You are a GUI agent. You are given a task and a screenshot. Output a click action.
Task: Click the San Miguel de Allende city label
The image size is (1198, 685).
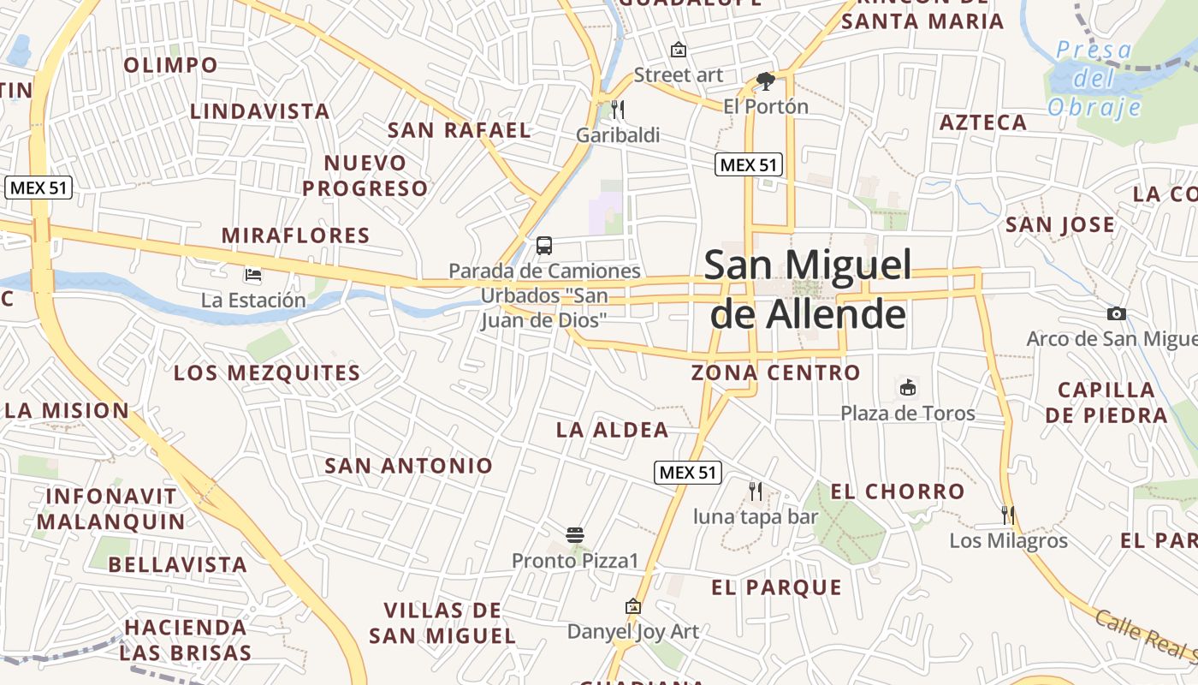click(808, 289)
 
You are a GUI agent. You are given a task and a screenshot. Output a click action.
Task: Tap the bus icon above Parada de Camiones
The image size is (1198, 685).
click(543, 246)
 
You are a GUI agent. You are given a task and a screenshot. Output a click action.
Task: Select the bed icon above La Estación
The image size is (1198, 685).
click(253, 275)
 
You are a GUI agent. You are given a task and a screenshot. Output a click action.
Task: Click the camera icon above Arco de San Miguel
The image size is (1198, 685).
click(1116, 313)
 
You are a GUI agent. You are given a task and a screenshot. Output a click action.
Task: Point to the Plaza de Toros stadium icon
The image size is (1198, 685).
click(907, 388)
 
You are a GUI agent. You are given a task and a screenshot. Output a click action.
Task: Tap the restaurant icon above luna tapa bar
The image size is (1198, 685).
click(756, 491)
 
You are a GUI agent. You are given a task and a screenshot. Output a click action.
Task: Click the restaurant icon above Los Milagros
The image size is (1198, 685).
click(1008, 515)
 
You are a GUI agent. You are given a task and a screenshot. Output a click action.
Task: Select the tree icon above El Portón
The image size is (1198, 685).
click(765, 81)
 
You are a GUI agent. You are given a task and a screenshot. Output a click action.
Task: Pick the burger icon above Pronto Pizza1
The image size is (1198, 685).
click(575, 536)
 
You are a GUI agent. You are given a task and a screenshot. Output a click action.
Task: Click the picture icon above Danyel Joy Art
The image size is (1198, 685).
click(633, 606)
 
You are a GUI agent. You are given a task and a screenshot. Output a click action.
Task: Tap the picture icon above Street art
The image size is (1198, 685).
click(679, 50)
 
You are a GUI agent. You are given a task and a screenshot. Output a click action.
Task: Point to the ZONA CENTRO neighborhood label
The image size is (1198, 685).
click(775, 372)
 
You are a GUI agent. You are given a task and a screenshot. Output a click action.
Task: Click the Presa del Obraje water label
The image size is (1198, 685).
click(1094, 79)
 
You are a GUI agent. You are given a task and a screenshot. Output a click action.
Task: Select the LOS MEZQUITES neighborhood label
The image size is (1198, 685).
click(267, 373)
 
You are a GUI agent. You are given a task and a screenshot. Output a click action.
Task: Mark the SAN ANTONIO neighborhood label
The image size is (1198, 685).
click(409, 466)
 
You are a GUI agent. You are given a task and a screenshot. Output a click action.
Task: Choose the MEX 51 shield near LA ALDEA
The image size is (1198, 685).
click(688, 472)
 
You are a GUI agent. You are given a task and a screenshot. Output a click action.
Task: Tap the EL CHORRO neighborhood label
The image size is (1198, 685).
click(898, 491)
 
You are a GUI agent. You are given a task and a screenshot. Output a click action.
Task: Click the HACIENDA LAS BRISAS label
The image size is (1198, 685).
click(186, 640)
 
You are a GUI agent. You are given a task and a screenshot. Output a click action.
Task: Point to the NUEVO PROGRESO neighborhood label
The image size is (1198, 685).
click(365, 176)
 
